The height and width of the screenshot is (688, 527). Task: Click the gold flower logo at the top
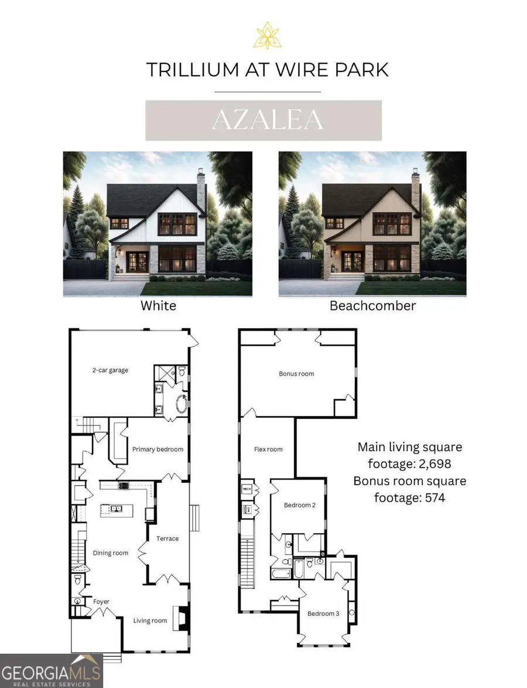click(x=267, y=35)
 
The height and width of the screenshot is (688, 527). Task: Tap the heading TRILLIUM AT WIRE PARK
click(x=267, y=69)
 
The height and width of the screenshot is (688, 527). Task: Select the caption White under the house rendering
click(x=158, y=305)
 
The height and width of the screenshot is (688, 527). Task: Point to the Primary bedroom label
click(x=158, y=449)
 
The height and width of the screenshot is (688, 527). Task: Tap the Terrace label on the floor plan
click(x=167, y=539)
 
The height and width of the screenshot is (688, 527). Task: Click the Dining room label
click(x=111, y=553)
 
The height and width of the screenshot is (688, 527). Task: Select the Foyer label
click(x=101, y=602)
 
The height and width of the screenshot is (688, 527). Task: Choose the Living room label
click(x=150, y=621)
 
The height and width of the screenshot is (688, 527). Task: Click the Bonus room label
click(x=296, y=373)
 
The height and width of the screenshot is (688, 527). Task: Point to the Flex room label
click(x=268, y=449)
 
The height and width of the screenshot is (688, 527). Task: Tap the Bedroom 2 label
click(x=299, y=505)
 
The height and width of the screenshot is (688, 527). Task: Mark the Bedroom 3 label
click(x=323, y=614)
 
